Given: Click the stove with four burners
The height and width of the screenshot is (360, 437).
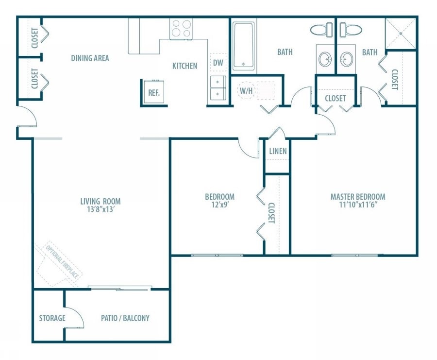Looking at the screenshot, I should point(181,28).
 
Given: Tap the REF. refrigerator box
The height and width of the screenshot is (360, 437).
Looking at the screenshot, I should point(154,92).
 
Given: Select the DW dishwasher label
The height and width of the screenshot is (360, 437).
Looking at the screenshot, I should point(218,62).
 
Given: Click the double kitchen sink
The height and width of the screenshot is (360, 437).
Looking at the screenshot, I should point(218,88).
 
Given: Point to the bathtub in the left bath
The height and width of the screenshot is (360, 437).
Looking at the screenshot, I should point(243,45).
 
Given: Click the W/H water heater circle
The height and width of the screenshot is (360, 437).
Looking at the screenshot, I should point(246,90).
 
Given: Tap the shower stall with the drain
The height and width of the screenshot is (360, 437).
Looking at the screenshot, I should point(401,33).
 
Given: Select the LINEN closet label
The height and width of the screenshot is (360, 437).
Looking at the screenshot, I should point(278,151).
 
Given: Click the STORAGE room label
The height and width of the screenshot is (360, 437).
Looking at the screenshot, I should point(52,318).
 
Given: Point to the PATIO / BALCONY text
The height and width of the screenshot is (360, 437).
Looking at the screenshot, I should point(125,318).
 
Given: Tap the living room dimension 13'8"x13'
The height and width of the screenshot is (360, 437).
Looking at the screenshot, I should point(101,210).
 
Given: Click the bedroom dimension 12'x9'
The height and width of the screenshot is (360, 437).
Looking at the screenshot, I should point(219,205).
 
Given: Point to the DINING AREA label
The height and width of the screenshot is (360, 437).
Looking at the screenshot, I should point(90,58).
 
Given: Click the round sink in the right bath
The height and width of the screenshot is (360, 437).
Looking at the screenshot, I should point(347,60).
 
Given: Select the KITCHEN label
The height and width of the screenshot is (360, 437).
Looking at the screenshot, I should point(185,66).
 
